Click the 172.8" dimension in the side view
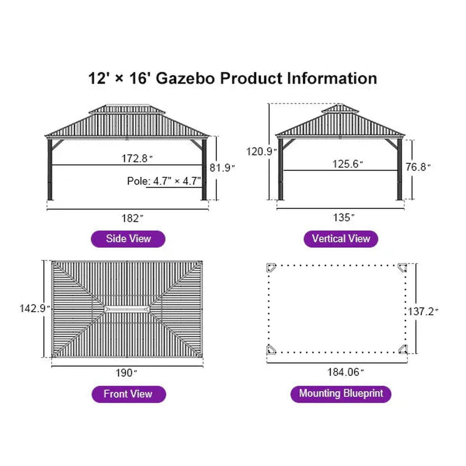coord(137,158)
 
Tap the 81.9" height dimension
coord(222,168)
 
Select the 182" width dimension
coord(132,218)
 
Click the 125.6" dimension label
coord(348,164)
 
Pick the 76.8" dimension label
coord(418,167)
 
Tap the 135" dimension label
coord(344,218)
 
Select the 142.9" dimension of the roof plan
coord(35,308)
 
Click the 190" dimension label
coord(127,373)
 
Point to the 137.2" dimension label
coord(423,311)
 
